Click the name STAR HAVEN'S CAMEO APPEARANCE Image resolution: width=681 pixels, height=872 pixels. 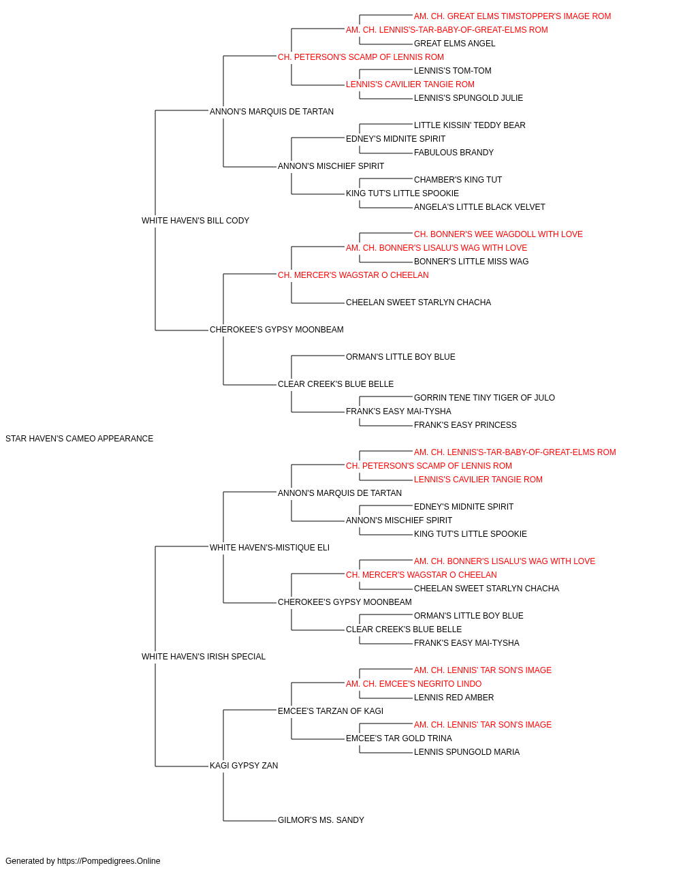pos(80,439)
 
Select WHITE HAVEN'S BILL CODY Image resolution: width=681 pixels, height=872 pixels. pos(195,221)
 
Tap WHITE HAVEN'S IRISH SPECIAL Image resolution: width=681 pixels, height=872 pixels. pos(204,657)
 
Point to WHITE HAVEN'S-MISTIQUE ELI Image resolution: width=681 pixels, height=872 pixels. pos(270,548)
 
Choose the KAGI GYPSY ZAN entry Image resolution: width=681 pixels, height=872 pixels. pos(244,766)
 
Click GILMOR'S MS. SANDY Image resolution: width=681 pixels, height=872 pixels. pos(321,820)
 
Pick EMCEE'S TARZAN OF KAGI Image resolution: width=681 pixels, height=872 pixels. pos(330,711)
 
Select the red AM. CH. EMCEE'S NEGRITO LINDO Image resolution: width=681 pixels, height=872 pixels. pos(413,684)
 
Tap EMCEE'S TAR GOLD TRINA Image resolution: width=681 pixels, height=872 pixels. pos(398,738)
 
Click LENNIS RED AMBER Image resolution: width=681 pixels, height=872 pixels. pos(454,698)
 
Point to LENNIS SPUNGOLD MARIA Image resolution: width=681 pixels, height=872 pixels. pos(467,752)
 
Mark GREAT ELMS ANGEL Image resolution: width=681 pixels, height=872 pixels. pos(454,44)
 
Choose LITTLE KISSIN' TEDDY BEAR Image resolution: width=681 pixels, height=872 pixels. pos(470,125)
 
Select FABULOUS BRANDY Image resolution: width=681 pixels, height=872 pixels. pos(454,153)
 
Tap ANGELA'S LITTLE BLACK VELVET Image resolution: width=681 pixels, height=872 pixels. pos(479,207)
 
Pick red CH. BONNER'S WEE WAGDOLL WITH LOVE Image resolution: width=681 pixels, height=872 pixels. pos(498,234)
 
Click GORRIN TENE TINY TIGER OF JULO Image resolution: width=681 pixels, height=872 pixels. pos(484,398)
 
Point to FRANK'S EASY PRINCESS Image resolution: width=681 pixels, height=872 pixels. pos(465,425)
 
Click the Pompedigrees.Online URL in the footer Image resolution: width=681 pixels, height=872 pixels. pos(109,861)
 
